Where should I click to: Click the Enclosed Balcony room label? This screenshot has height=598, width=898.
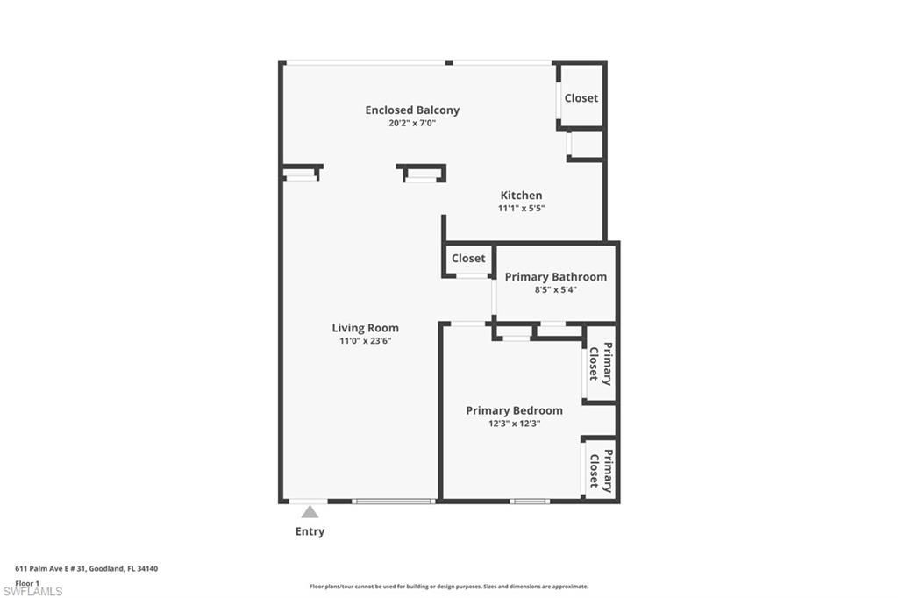click(x=412, y=110)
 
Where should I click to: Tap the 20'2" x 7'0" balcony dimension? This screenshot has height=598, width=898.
click(x=412, y=124)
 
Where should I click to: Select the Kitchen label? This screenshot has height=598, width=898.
click(x=521, y=196)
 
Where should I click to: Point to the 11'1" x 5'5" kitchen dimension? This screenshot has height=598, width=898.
click(x=521, y=209)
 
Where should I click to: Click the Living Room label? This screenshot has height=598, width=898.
click(x=365, y=328)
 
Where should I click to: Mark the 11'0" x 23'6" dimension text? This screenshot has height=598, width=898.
click(x=365, y=341)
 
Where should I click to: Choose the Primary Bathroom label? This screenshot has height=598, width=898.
click(x=555, y=277)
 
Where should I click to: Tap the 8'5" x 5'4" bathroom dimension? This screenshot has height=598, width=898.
click(x=555, y=289)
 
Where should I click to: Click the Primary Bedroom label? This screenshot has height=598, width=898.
click(x=514, y=410)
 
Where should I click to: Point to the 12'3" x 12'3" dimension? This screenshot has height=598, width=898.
click(x=514, y=424)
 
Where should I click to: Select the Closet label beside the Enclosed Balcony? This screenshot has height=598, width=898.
click(x=581, y=98)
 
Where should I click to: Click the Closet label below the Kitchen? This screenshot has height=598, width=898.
click(x=468, y=259)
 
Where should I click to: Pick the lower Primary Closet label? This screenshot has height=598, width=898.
click(x=600, y=470)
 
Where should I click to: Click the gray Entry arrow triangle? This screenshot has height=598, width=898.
click(x=310, y=512)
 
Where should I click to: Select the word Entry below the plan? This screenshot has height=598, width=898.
click(x=310, y=531)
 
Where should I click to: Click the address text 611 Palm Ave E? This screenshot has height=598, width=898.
click(x=86, y=569)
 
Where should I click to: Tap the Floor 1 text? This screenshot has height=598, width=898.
click(x=27, y=583)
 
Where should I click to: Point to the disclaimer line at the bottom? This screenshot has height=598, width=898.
click(x=448, y=587)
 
